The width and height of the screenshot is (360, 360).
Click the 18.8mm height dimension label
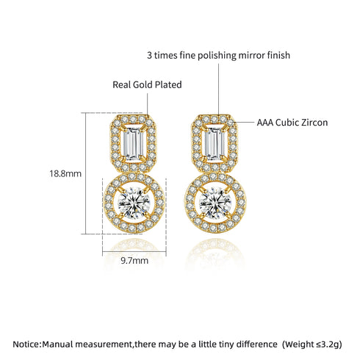(x=65, y=174)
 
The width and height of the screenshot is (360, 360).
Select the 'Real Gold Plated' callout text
(x=147, y=84)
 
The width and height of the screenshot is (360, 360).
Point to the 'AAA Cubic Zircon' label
(x=292, y=123)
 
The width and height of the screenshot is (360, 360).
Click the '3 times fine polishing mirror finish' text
(x=219, y=54)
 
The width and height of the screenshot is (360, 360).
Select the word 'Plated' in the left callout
(x=169, y=84)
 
